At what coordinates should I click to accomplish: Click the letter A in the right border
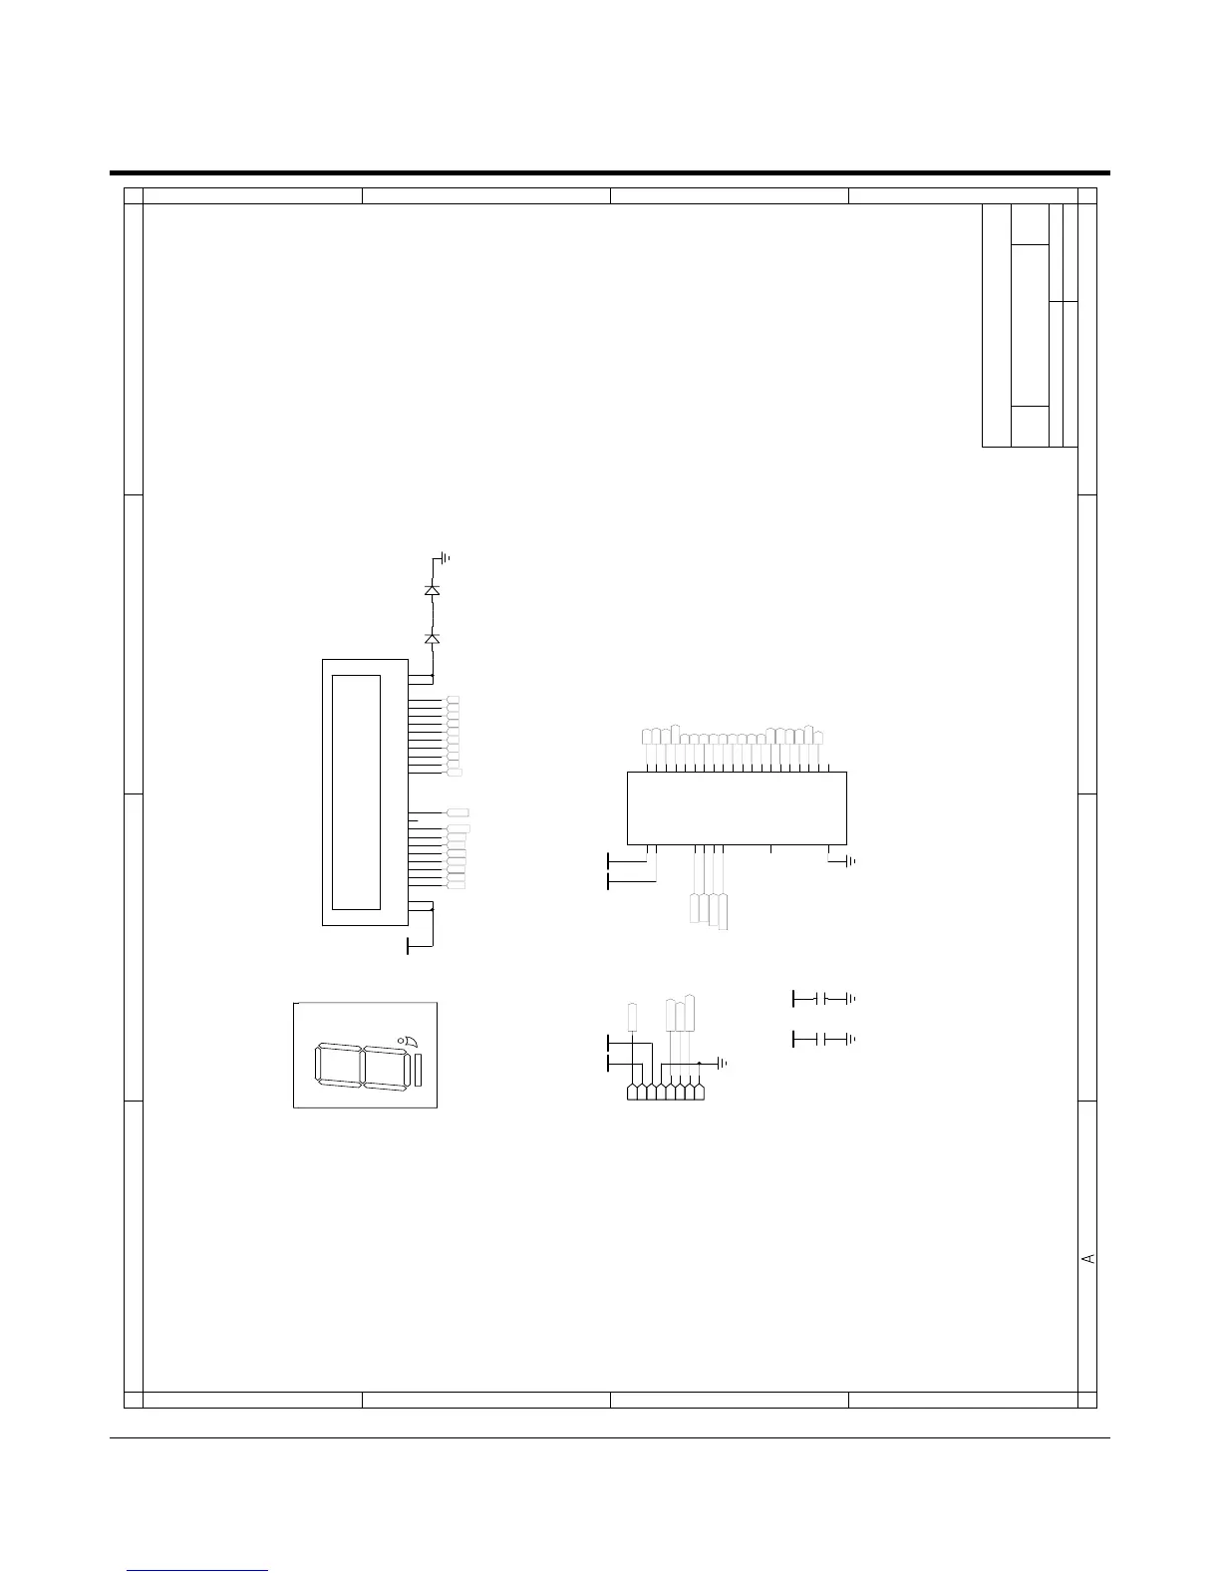click(1087, 1258)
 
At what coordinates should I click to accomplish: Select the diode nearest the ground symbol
click(432, 589)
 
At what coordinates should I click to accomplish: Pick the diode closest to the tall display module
click(432, 638)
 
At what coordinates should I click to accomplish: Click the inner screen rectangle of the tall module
click(356, 792)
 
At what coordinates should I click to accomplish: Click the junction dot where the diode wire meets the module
click(433, 676)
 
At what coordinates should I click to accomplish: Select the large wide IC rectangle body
click(737, 808)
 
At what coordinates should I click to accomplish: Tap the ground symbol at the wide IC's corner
click(851, 861)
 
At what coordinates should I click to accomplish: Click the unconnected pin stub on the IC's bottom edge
click(770, 848)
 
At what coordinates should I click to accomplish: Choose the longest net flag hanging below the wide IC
click(723, 912)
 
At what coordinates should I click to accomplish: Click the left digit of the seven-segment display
click(339, 1066)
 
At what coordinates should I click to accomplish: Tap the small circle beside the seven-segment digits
click(401, 1042)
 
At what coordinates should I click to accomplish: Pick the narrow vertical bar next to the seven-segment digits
click(418, 1071)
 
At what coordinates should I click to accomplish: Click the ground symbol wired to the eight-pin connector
click(723, 1063)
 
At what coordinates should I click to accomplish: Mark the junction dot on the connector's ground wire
click(699, 1063)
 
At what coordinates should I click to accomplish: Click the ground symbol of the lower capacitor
click(851, 1040)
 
